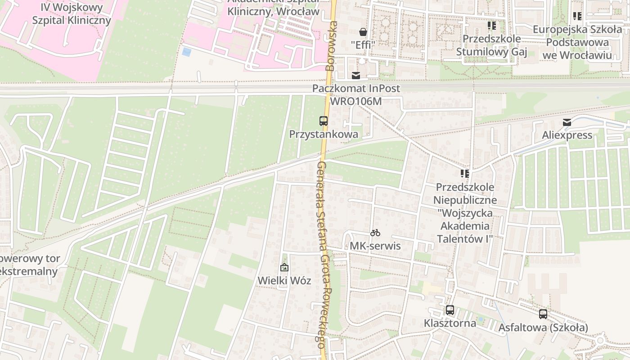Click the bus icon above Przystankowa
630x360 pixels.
[x=324, y=121]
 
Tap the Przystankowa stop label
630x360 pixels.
[x=324, y=134]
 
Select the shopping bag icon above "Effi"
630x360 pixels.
[x=363, y=32]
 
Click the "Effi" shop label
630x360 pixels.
[x=363, y=45]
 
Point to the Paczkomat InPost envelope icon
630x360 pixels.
[x=356, y=76]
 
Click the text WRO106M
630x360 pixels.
[x=356, y=101]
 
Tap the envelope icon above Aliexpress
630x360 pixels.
[x=567, y=122]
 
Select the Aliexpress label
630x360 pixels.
[x=567, y=135]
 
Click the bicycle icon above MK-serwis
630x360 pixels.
[x=375, y=233]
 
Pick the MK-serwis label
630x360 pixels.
[x=375, y=246]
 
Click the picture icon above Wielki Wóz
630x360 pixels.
[x=284, y=267]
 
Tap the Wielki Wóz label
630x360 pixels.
[x=284, y=280]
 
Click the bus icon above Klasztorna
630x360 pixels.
[x=450, y=310]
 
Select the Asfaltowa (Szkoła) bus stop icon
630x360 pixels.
[x=543, y=314]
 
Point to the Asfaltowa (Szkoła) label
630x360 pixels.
[x=543, y=328]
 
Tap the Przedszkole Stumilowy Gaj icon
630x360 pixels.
[x=491, y=26]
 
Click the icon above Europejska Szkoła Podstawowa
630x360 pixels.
[x=577, y=16]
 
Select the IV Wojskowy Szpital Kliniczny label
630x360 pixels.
[x=72, y=14]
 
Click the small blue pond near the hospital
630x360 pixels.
[x=187, y=52]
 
